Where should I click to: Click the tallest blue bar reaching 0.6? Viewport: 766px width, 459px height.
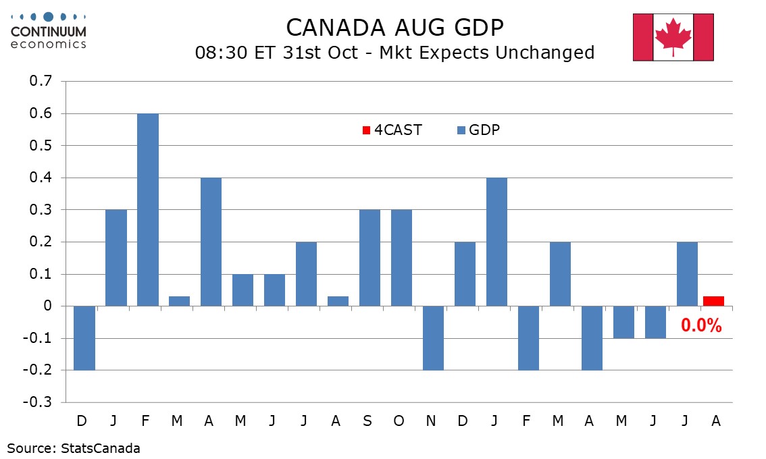click(x=148, y=209)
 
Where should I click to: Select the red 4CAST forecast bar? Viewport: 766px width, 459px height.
click(x=713, y=301)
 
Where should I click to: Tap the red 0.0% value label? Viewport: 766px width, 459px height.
click(x=701, y=326)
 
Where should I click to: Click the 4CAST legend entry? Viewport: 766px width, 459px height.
click(x=392, y=130)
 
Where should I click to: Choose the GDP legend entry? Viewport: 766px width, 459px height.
click(x=477, y=130)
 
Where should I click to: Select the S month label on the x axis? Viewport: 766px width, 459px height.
click(x=367, y=421)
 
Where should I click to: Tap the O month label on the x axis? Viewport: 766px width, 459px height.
click(x=399, y=421)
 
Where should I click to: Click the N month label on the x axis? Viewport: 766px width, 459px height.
click(x=431, y=421)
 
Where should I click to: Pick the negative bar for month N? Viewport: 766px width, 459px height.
click(x=433, y=337)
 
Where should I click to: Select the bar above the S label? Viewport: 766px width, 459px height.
click(x=369, y=258)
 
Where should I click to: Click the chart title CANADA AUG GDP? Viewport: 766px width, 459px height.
click(x=395, y=28)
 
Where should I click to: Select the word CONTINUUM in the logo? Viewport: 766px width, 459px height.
click(x=49, y=32)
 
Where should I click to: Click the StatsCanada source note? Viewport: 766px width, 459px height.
click(x=74, y=448)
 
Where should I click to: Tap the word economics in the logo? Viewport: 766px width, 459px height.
click(x=49, y=44)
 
